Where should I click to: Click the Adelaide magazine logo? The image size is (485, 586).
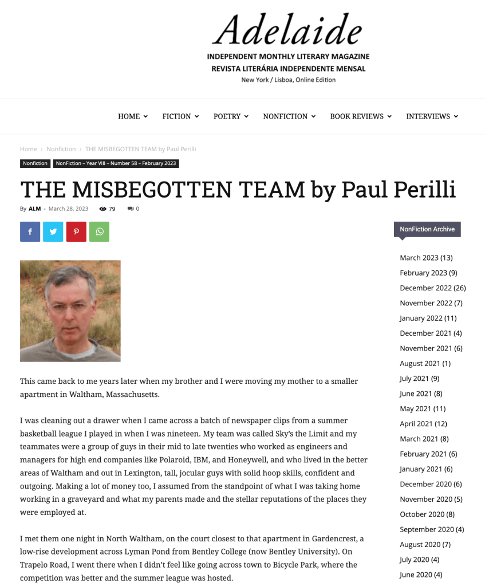coord(288,48)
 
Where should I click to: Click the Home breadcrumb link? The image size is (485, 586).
coord(29,149)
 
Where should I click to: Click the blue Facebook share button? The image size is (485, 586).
coord(30,231)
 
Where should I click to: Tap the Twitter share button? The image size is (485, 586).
coord(53,231)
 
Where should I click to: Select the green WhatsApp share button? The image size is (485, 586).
coord(99,231)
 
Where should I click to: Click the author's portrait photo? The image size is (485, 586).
coord(70,310)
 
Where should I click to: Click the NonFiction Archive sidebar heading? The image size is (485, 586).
coord(427,229)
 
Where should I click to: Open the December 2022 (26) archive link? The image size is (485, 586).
coord(432,288)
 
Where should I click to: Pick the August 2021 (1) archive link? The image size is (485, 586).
coord(425,363)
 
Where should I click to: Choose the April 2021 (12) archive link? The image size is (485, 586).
coord(424,423)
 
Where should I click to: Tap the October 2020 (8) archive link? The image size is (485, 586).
coord(427,514)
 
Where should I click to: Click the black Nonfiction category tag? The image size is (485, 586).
coord(36,163)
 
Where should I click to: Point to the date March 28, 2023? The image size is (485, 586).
coord(68,209)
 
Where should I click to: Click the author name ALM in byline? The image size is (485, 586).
coord(34,209)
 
